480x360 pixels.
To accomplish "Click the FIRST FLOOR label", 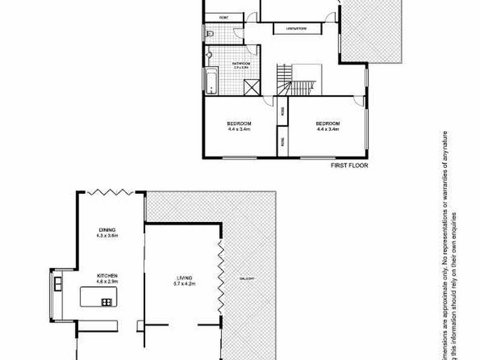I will (x=349, y=166).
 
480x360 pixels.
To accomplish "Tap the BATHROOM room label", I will (x=241, y=63).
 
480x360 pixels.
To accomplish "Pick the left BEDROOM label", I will (x=238, y=124).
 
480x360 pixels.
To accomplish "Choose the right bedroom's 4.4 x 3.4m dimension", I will (x=328, y=129).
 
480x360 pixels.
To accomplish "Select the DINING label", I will (x=107, y=230).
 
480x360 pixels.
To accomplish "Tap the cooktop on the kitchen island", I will (x=107, y=302).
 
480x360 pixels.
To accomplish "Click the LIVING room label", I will (x=183, y=277).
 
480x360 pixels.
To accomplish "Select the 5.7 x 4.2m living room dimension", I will (x=183, y=283).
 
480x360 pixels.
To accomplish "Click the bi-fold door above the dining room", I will (x=110, y=192).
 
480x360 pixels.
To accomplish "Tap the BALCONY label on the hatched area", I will (x=247, y=279).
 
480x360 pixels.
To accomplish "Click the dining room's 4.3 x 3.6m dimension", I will (x=107, y=236).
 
